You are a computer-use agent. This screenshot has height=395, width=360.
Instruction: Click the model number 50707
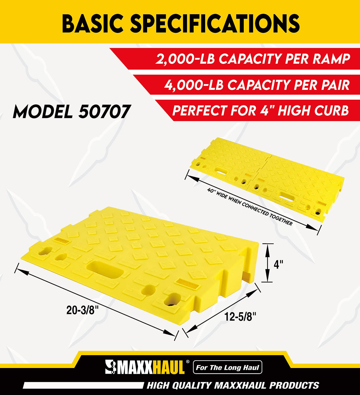104,112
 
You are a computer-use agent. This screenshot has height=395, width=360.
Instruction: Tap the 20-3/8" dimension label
82,310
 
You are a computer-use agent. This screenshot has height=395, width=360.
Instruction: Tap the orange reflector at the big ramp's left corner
61,240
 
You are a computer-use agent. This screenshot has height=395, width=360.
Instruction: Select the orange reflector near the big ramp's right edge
185,284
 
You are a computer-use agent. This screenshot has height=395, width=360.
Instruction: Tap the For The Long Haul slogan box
227,368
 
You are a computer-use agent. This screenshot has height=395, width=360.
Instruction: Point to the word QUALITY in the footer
192,386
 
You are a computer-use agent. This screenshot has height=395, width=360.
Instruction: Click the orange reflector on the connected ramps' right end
320,203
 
